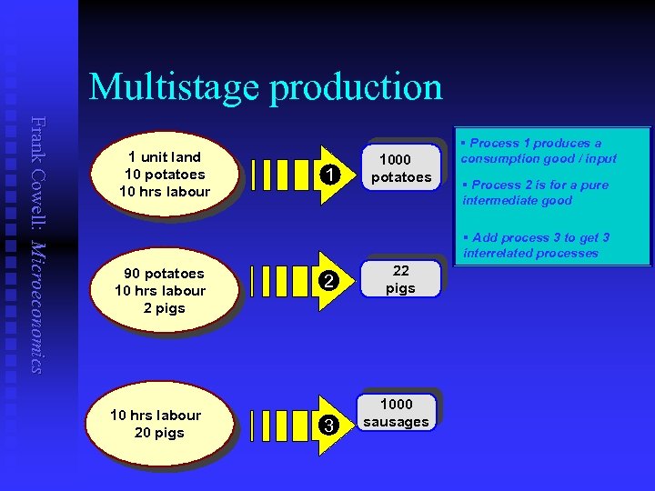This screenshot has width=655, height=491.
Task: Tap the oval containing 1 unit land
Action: (165, 174)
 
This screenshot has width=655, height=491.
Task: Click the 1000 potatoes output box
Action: (399, 168)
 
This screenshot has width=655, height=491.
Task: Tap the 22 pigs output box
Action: (399, 279)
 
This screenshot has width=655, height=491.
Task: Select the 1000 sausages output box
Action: (396, 413)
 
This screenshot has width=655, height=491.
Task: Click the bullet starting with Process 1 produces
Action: (538, 151)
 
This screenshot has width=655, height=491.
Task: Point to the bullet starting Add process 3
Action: (536, 245)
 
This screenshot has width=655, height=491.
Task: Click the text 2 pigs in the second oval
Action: (164, 308)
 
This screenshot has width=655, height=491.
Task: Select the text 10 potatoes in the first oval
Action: (165, 174)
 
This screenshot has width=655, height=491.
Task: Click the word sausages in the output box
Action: (396, 422)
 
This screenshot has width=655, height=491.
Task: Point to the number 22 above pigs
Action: (400, 270)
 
